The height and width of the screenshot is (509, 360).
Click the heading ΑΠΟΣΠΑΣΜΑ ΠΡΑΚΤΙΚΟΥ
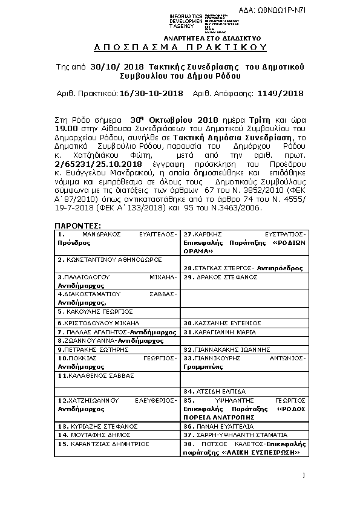(x=180, y=47)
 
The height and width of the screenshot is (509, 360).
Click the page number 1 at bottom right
(x=304, y=475)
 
